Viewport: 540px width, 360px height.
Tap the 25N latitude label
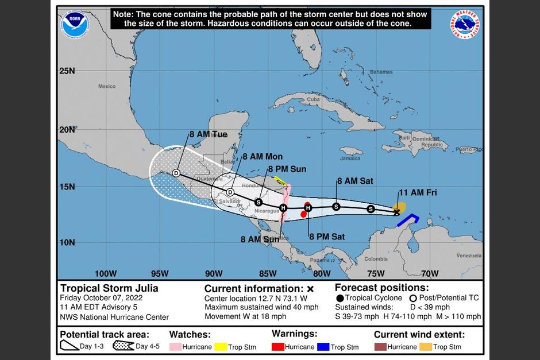pos(67,71)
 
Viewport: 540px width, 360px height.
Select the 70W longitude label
pos(429,273)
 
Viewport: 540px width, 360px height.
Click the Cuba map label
pos(313,99)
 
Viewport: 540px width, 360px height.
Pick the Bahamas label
pos(381,72)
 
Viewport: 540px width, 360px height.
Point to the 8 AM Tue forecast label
pos(208,134)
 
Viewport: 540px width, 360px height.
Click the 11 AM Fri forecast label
pos(418,192)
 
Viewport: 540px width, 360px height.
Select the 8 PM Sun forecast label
pos(287,169)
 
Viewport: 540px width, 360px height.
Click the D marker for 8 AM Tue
pos(176,173)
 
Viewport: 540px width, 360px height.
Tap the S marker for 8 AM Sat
pos(336,206)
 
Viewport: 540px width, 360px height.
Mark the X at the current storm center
pos(397,212)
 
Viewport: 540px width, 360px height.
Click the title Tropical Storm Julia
pos(109,288)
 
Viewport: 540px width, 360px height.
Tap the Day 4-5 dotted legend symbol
pos(123,346)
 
